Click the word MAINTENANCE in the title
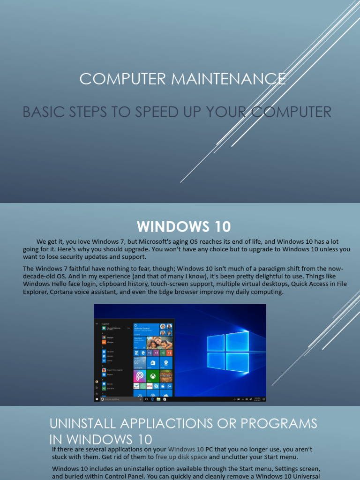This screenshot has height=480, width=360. point(228,79)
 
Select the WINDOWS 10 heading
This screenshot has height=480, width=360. point(184,227)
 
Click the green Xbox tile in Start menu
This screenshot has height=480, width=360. point(153,375)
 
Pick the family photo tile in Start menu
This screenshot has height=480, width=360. point(160,343)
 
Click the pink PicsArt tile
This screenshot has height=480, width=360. point(140,375)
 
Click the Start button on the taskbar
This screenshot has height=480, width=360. point(97,399)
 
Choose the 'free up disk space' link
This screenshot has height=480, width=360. point(181,457)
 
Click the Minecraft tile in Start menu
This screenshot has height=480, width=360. point(166,375)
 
